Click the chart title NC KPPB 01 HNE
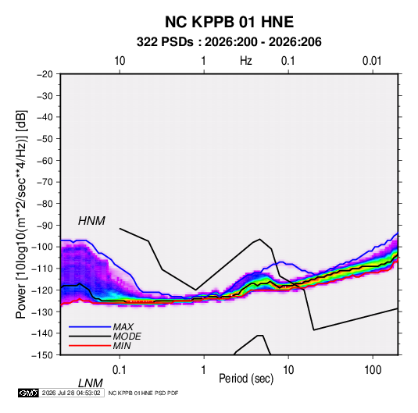coord(229,22)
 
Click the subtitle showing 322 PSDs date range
coord(229,42)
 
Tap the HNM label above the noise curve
coord(91,221)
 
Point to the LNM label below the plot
coord(90,383)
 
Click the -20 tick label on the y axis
coord(45,74)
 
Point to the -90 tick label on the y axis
coord(45,225)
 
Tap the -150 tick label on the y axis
coord(42,355)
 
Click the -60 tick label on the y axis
coord(45,160)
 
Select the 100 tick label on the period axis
coord(373,370)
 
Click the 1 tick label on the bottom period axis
coord(203,370)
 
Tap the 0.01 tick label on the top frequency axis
coord(372,61)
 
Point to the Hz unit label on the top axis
coord(246,61)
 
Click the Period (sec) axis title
coord(246,379)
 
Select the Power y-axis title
coord(21,215)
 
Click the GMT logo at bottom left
coord(28,393)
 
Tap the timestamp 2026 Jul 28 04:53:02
coord(71,393)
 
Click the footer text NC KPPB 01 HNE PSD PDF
coord(144,393)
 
